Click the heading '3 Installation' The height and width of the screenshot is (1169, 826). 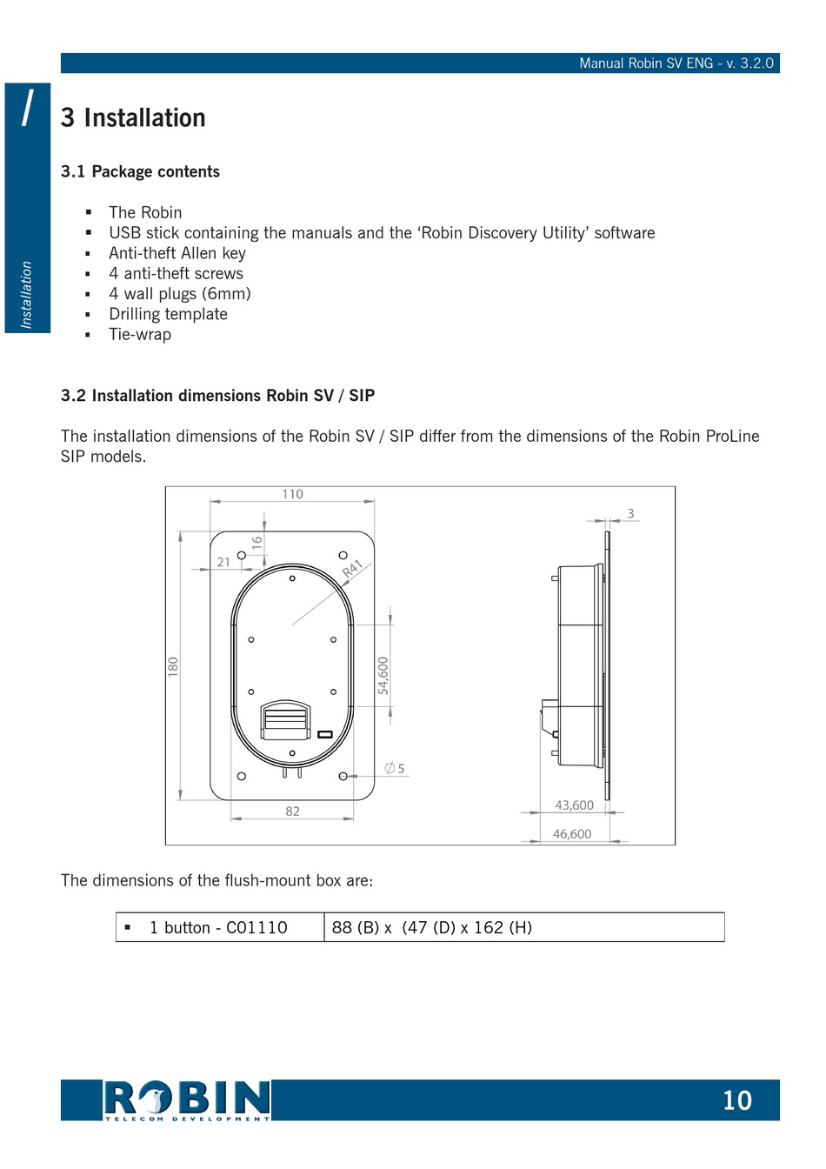click(133, 118)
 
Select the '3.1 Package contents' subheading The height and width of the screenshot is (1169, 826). click(140, 171)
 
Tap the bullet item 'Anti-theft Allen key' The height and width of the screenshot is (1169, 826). click(177, 253)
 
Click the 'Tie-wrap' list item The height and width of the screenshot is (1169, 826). click(139, 334)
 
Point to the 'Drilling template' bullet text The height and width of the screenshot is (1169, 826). click(168, 314)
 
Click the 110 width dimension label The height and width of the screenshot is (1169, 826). click(292, 494)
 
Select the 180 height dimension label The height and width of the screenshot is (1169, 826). click(173, 667)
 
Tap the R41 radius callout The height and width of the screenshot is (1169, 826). click(352, 569)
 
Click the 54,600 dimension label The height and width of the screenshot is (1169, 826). click(383, 675)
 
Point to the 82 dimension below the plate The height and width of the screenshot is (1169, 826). click(292, 811)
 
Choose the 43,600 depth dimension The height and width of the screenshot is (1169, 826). click(574, 805)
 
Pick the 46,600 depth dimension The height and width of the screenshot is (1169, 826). click(572, 834)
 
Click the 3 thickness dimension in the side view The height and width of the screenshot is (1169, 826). click(630, 513)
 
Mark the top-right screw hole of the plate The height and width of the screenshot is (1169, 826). click(343, 555)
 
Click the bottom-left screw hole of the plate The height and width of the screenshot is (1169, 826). click(242, 776)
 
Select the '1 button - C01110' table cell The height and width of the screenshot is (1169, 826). click(218, 927)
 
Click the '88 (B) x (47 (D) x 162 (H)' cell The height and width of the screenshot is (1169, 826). click(431, 927)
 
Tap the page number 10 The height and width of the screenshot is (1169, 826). click(736, 1100)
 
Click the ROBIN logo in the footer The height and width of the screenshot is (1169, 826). click(186, 1100)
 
